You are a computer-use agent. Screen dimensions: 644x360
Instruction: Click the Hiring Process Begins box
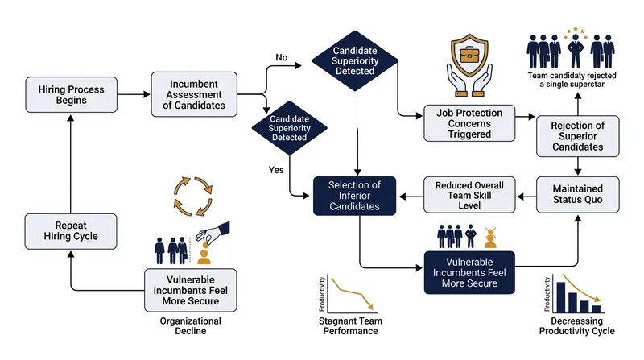[71, 94]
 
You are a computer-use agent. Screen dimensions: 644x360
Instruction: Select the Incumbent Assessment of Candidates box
[194, 94]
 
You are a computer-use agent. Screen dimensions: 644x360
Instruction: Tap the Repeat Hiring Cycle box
[71, 231]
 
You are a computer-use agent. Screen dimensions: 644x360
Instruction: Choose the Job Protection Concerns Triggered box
[469, 123]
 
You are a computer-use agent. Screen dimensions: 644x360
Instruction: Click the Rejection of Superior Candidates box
[577, 136]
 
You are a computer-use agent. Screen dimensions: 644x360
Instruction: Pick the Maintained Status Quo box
[577, 194]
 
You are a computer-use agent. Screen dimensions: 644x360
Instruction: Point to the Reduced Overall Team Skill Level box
[469, 195]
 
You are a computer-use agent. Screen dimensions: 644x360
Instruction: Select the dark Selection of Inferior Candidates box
[354, 196]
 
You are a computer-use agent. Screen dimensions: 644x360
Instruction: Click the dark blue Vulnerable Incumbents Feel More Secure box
[469, 272]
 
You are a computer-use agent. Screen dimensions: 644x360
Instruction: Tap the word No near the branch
[281, 57]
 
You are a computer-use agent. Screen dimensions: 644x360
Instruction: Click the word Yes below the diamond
[276, 170]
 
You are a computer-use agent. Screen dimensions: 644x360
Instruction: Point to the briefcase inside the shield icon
[469, 55]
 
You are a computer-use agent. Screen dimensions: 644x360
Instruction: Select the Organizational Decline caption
[191, 326]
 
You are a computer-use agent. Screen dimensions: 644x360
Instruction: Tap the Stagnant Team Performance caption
[350, 326]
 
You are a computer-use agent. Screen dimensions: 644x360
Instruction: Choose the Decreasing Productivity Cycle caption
[576, 326]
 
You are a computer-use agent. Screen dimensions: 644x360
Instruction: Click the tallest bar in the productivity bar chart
[560, 297]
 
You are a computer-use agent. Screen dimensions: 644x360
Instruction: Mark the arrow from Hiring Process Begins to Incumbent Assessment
[134, 94]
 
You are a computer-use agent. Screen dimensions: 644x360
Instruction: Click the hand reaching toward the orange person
[213, 232]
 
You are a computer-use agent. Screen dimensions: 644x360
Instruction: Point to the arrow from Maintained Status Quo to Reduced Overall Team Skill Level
[526, 197]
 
